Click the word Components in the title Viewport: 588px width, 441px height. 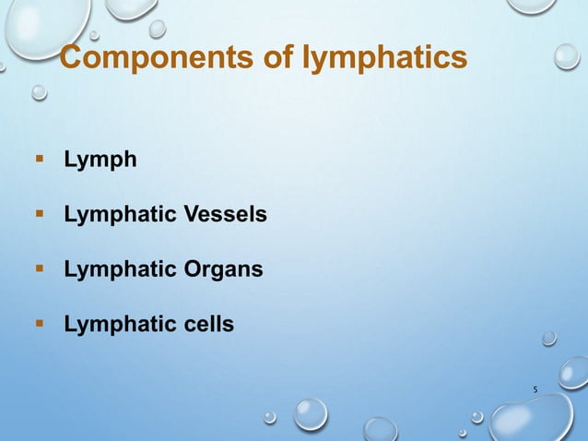[x=142, y=59]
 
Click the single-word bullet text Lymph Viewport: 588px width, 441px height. [x=100, y=161]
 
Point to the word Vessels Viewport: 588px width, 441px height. [x=226, y=215]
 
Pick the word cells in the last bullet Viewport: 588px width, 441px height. [x=206, y=324]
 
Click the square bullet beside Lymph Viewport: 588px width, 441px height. [x=40, y=160]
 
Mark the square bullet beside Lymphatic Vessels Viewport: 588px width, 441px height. [x=40, y=214]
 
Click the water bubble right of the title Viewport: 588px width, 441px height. [x=566, y=56]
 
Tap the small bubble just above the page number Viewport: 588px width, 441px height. [x=548, y=338]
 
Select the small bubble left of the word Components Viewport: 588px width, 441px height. [x=39, y=92]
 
